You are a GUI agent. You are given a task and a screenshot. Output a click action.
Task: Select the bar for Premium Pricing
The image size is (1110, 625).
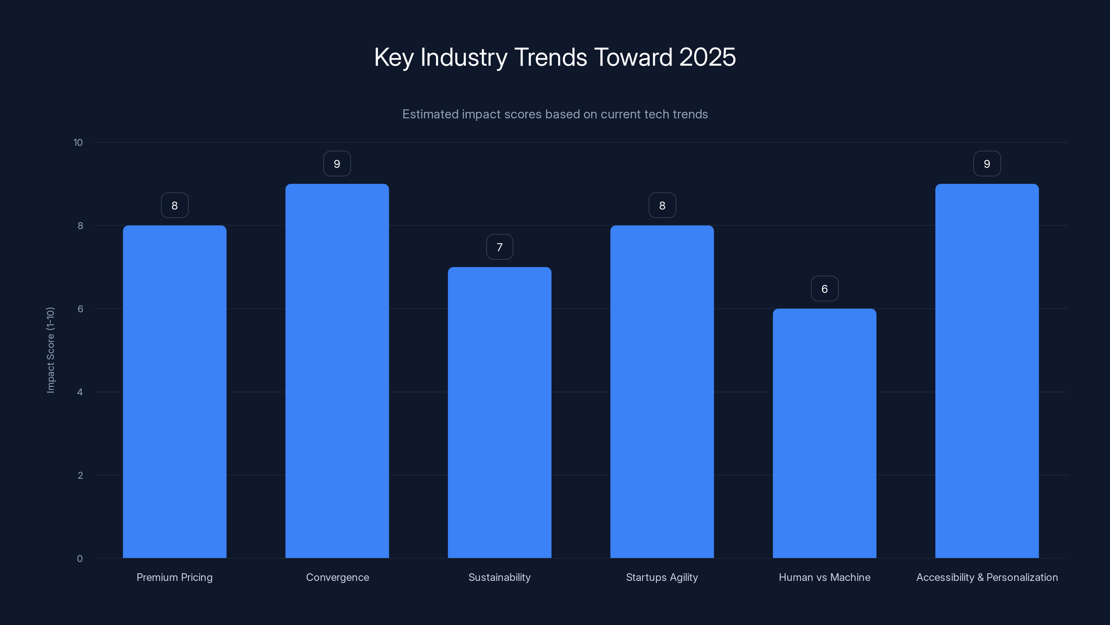[174, 392]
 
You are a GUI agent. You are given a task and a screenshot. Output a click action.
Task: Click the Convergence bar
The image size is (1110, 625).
[337, 371]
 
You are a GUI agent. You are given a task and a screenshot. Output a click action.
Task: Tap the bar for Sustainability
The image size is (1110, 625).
[499, 412]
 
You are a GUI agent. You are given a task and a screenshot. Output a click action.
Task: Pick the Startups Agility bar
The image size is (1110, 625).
[662, 392]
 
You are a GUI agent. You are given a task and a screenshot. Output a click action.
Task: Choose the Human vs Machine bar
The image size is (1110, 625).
[824, 433]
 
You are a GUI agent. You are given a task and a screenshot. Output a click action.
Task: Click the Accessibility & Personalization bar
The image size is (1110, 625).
[987, 371]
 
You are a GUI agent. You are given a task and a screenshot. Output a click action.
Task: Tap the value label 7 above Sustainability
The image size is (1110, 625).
[499, 247]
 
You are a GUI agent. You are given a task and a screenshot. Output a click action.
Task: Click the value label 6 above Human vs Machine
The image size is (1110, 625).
[824, 289]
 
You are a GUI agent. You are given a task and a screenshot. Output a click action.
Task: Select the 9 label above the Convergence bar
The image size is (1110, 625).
[337, 164]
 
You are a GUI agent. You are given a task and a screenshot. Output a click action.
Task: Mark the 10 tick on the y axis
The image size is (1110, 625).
[78, 142]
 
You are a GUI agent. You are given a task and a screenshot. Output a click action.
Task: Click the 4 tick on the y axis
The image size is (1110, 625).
[80, 392]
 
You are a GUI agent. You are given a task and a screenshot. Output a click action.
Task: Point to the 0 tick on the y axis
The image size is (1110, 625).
[80, 559]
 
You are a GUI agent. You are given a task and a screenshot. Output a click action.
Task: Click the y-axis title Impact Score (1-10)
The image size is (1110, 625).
[50, 350]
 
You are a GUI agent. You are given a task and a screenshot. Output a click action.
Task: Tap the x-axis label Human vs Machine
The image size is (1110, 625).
[824, 577]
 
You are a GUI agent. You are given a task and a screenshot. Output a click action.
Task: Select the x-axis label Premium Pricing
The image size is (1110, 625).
[174, 577]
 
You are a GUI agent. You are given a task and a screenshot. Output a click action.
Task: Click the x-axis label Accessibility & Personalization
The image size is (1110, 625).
[987, 577]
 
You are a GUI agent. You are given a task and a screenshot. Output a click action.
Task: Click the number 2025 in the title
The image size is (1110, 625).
[707, 57]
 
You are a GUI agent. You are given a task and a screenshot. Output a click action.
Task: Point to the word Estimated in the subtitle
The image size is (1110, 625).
[430, 114]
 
